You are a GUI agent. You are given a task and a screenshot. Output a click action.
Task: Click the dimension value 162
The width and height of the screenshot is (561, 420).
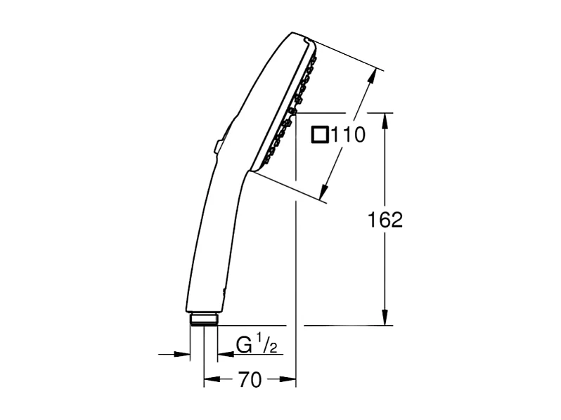(385, 220)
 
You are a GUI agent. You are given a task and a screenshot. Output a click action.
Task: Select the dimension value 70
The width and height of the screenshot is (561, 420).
(250, 380)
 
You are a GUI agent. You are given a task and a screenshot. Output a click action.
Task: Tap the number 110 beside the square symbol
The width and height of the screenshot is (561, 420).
(349, 135)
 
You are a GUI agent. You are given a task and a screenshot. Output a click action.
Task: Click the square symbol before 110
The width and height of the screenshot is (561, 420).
(320, 134)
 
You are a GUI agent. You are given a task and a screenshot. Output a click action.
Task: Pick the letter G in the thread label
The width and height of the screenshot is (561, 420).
(244, 346)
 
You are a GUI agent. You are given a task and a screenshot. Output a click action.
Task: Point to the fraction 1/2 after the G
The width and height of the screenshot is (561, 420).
(264, 345)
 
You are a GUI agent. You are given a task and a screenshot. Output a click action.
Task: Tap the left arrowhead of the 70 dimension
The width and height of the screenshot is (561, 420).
(209, 380)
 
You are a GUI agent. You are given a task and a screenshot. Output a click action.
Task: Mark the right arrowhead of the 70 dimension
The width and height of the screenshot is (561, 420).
(290, 380)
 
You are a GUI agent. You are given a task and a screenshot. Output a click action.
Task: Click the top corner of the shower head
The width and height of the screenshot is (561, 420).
(294, 32)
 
